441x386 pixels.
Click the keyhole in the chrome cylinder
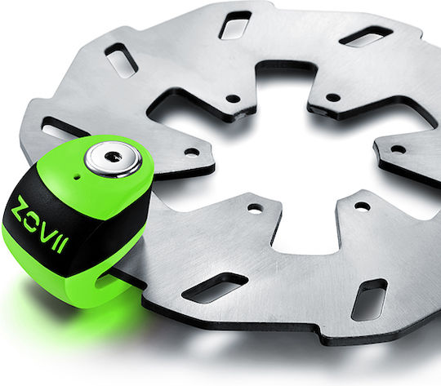[114, 157]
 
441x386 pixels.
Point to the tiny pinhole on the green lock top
[76, 177]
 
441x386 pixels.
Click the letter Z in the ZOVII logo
[22, 206]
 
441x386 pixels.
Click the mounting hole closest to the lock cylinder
[192, 153]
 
